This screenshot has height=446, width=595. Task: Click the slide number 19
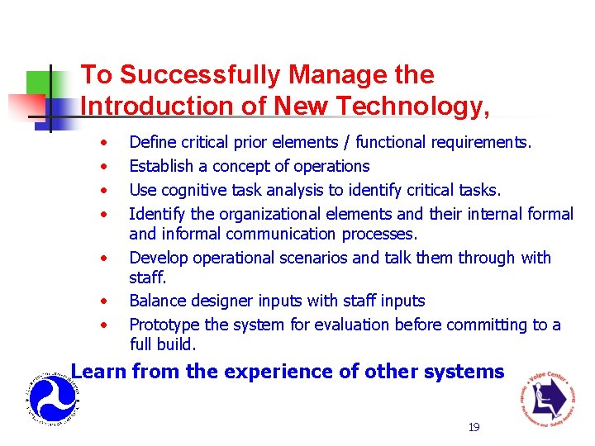tap(474, 427)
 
